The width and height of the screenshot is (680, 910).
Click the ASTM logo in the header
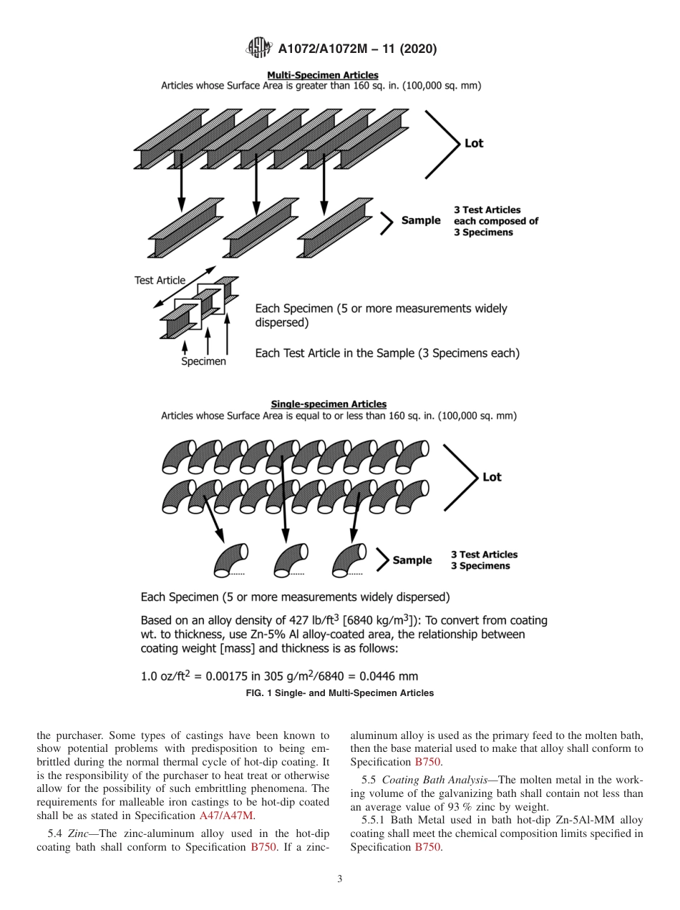pyautogui.click(x=259, y=49)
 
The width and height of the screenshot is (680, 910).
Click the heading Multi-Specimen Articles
pyautogui.click(x=322, y=74)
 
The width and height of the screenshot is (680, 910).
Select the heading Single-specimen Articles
pyautogui.click(x=329, y=404)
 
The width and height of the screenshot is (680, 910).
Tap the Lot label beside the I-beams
pyautogui.click(x=474, y=143)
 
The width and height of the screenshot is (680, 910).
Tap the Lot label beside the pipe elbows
pyautogui.click(x=492, y=477)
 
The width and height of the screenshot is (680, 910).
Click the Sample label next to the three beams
pyautogui.click(x=420, y=220)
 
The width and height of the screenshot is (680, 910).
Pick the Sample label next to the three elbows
pyautogui.click(x=412, y=560)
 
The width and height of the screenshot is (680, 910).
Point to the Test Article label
pyautogui.click(x=160, y=280)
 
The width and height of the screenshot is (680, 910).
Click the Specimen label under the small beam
pyautogui.click(x=203, y=361)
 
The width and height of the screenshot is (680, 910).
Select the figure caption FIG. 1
pyautogui.click(x=339, y=693)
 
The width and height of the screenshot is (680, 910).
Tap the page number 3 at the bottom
pyautogui.click(x=339, y=879)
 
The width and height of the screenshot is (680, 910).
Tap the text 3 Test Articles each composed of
pyautogui.click(x=495, y=216)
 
